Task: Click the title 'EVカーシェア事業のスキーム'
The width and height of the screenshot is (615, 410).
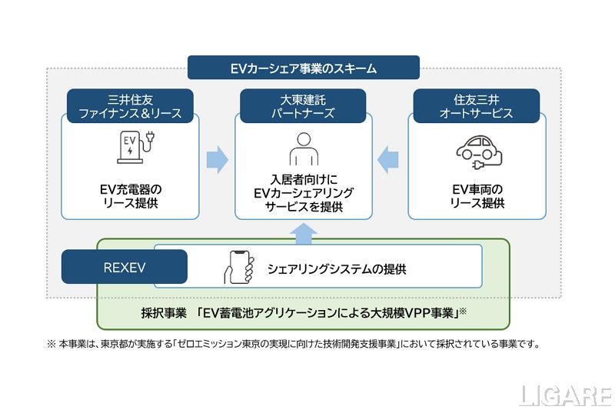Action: point(304,68)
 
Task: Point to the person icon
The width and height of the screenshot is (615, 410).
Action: point(303,148)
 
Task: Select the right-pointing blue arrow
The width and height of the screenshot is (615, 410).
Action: point(218,159)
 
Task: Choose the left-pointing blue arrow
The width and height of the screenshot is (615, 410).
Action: point(390,159)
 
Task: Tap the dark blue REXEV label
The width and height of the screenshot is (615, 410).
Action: point(125,267)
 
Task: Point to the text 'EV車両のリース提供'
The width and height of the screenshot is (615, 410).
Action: point(477,196)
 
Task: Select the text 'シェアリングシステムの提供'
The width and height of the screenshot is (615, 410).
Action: point(336,269)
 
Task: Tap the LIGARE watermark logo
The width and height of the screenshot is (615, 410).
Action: point(565,396)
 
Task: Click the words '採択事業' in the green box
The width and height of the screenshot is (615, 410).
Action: point(162,313)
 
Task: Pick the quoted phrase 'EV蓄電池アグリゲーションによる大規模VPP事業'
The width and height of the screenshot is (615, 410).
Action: point(326,313)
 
